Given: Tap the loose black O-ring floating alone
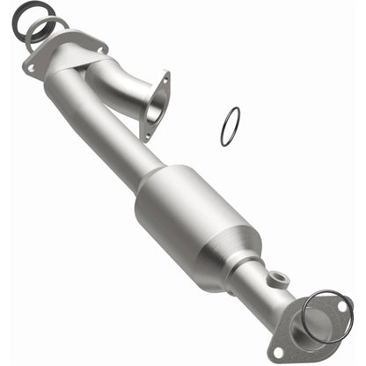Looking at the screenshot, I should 229,128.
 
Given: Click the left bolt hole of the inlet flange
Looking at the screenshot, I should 32,66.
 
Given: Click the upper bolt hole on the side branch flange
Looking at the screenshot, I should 163,77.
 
